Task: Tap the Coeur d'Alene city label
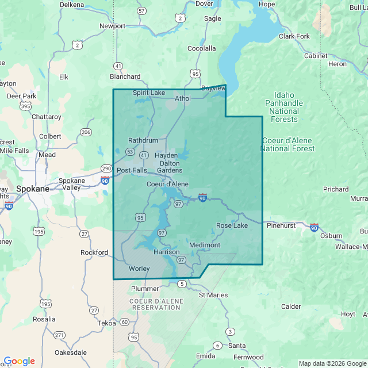[167, 184]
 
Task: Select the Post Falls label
[132, 170]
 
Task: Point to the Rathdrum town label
[143, 140]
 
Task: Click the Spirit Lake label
[149, 93]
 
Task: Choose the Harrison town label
[167, 252]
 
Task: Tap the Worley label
[139, 269]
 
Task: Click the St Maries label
[213, 295]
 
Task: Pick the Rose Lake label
[232, 225]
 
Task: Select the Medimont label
[205, 245]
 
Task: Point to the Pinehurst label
[282, 225]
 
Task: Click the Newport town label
[112, 26]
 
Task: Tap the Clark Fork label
[294, 36]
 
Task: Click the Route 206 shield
[86, 132]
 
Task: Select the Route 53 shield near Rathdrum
[131, 152]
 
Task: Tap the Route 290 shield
[106, 168]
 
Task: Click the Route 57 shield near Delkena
[141, 11]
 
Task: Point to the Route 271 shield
[59, 335]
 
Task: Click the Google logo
[19, 361]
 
